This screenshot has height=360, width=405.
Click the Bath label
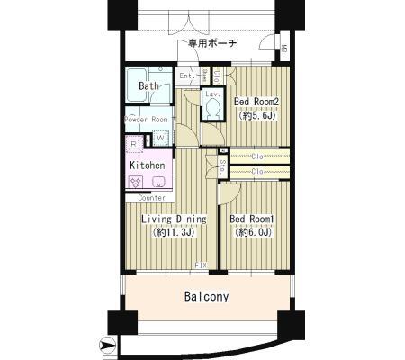pyautogui.click(x=150, y=87)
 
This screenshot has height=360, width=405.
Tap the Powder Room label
pyautogui.click(x=146, y=120)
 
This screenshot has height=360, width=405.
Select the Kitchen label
pyautogui.click(x=147, y=166)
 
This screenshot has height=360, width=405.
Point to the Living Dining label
pyautogui.click(x=173, y=219)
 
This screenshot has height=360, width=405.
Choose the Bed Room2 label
pyautogui.click(x=256, y=102)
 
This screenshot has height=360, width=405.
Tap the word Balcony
pyautogui.click(x=206, y=296)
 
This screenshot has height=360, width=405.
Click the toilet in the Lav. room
pyautogui.click(x=212, y=109)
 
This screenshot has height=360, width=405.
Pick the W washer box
pyautogui.click(x=159, y=138)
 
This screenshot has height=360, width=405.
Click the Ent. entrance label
pyautogui.click(x=187, y=76)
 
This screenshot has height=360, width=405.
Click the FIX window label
pyautogui.click(x=202, y=265)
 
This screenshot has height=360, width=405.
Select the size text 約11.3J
pyautogui.click(x=173, y=232)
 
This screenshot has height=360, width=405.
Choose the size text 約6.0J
pyautogui.click(x=253, y=232)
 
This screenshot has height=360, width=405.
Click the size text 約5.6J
pyautogui.click(x=256, y=115)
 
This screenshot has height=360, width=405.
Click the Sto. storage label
pyautogui.click(x=222, y=165)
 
